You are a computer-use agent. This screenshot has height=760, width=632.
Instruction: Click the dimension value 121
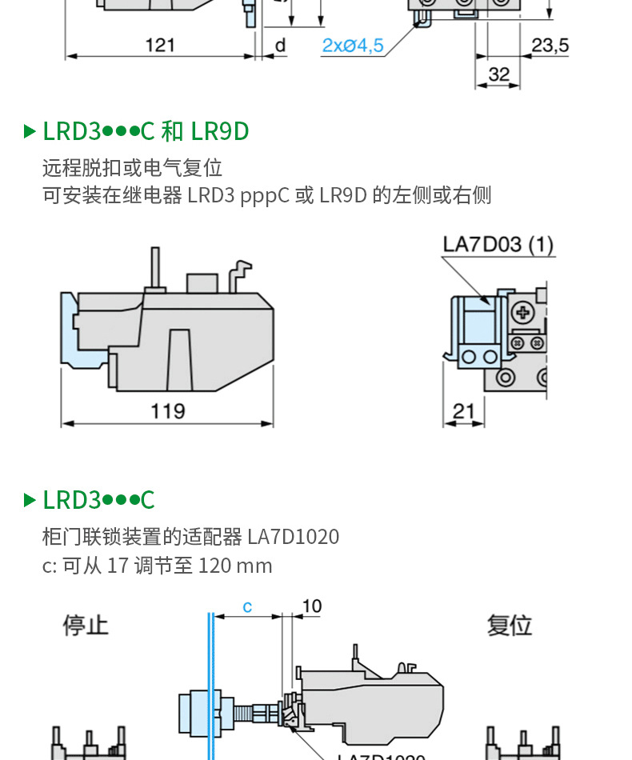pos(160,45)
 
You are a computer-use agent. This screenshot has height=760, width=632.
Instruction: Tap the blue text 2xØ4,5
pos(352,46)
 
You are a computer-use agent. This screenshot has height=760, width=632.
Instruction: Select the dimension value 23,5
pos(550,45)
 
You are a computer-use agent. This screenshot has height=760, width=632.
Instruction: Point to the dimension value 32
pos(498,74)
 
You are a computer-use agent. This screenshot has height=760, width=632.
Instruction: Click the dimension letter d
pos(280,45)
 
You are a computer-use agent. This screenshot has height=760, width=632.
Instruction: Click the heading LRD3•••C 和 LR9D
pos(146,131)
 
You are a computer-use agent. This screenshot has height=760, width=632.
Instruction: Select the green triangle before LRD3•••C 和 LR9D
pos(30,131)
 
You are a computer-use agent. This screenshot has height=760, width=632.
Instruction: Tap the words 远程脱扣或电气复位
pos(132,168)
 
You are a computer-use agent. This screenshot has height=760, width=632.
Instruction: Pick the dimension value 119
pos(167,411)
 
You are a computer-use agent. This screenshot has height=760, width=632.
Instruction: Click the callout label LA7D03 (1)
pos(498,244)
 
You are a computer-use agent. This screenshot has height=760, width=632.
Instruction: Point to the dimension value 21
pos(463,411)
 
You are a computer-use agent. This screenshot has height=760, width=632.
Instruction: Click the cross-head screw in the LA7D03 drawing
pos(525,312)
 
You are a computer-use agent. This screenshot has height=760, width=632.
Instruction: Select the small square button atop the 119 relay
pos(202,282)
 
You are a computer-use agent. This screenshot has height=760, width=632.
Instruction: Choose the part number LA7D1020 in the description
pos(293,536)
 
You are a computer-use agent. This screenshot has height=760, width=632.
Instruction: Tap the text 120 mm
pos(235,566)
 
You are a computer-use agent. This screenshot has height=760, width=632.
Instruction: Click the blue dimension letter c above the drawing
pos(247,607)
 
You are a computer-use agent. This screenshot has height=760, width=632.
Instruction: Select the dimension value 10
pos(311,606)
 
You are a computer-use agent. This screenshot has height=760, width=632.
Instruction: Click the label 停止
pos(86,625)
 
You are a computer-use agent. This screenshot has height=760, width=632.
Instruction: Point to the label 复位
pos(510,625)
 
